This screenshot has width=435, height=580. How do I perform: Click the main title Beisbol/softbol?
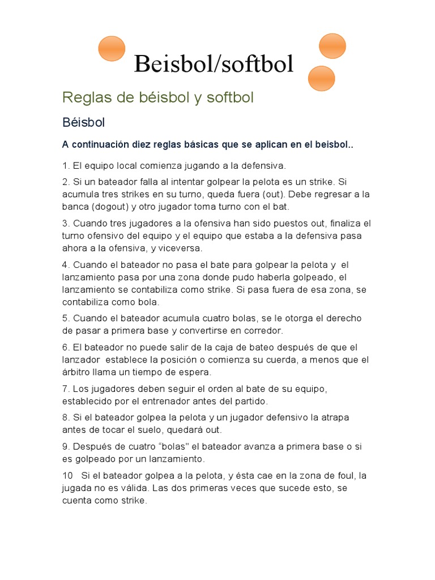(x=214, y=64)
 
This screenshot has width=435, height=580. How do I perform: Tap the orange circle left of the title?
(x=112, y=49)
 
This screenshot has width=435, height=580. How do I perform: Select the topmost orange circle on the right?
(x=332, y=45)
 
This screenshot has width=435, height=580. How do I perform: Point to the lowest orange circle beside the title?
(x=321, y=78)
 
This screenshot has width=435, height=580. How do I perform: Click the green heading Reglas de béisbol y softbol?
(x=158, y=97)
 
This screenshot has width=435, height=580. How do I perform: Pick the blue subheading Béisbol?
(x=84, y=122)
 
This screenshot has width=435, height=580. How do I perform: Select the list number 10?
(x=67, y=475)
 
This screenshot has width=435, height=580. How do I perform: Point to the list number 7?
(x=66, y=389)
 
